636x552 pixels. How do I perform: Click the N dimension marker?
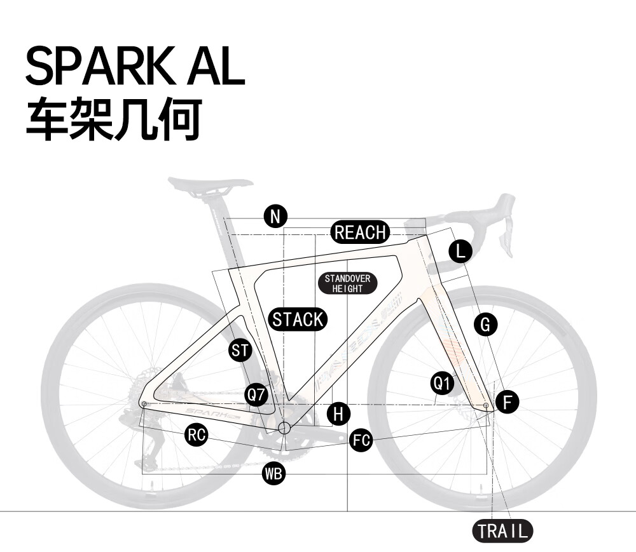pos(275,217)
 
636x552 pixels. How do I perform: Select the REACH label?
pos(360,232)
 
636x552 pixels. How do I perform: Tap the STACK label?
pos(298,319)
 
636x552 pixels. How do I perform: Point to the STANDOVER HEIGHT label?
pos(347,283)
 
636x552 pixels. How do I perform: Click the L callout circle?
pos(460,252)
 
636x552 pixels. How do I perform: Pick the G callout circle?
pos(485,325)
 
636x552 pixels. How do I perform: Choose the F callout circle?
pos(507,401)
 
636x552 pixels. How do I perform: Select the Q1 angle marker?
pos(441,383)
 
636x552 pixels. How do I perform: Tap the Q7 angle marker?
pos(256,394)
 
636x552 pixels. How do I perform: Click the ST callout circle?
pos(240,350)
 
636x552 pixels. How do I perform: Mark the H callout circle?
pos(338,414)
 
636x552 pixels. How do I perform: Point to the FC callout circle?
pos(361,440)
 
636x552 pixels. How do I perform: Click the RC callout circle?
pos(197,434)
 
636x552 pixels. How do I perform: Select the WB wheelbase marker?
pos(273,473)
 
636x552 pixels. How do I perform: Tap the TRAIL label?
pos(502,530)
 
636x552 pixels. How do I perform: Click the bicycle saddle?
pos(210,184)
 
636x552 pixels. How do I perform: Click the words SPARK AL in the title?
pos(135,65)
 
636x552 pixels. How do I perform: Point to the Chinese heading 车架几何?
pos(114,118)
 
